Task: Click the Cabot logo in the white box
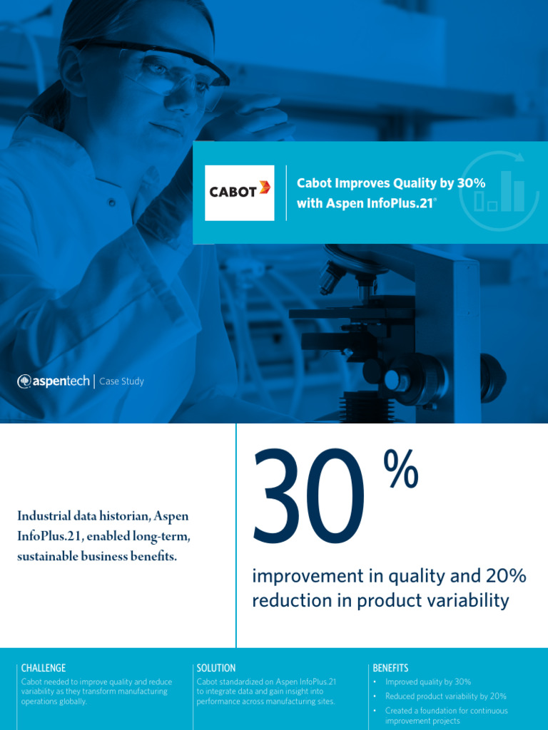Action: [239, 192]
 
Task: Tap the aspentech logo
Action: [54, 381]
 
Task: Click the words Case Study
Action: [121, 381]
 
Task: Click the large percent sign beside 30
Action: [401, 471]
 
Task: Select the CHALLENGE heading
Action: [44, 668]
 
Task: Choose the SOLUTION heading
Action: [215, 668]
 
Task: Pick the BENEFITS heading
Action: [390, 668]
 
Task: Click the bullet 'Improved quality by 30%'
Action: [428, 682]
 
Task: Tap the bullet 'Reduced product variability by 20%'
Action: [446, 696]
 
